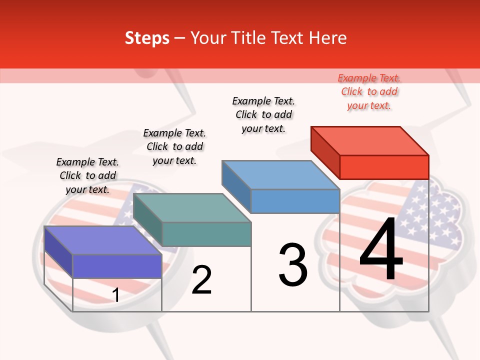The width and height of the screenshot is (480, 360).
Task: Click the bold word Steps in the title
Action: [147, 38]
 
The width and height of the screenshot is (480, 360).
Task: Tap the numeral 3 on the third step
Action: [293, 265]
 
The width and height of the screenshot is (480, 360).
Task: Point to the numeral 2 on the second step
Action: [201, 280]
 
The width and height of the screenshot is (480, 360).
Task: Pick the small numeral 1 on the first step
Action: [116, 295]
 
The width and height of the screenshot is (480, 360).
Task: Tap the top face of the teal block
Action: [192, 208]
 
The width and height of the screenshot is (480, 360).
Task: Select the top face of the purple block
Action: [103, 240]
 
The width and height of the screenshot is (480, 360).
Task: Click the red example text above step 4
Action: [369, 92]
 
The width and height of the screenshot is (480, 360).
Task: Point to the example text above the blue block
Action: [263, 114]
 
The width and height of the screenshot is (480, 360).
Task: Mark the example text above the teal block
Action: [174, 146]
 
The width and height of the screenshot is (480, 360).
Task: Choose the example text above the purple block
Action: [87, 175]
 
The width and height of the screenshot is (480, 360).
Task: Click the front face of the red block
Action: [384, 167]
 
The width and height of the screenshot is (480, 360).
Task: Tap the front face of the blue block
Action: [295, 201]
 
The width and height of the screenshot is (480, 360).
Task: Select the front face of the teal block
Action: [206, 234]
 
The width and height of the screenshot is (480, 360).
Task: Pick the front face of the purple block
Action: [117, 266]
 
